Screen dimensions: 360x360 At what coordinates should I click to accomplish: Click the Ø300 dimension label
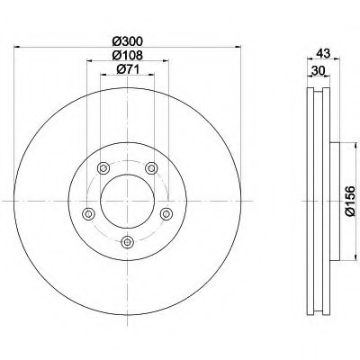pyautogui.click(x=128, y=41)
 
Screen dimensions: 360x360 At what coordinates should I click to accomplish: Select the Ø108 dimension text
pyautogui.click(x=128, y=55)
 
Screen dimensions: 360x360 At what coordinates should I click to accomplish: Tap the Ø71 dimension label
pyautogui.click(x=128, y=69)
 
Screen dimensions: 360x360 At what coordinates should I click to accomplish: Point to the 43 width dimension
pyautogui.click(x=323, y=53)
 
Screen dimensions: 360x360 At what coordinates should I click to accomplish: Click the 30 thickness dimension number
pyautogui.click(x=319, y=71)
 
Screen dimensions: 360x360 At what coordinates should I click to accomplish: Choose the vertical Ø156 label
pyautogui.click(x=350, y=201)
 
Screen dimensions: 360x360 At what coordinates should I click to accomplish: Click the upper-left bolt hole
pyautogui.click(x=103, y=168)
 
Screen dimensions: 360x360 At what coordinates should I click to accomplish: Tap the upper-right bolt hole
pyautogui.click(x=151, y=168)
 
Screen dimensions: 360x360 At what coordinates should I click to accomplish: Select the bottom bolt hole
pyautogui.click(x=128, y=242)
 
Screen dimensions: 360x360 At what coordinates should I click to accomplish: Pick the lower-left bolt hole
pyautogui.click(x=88, y=214)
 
